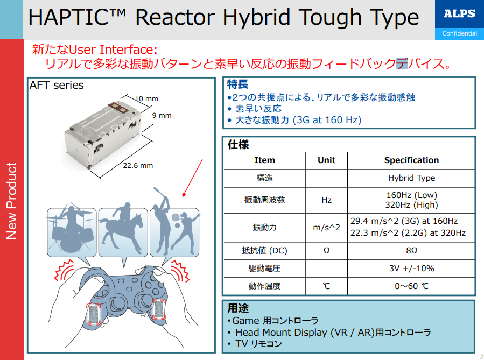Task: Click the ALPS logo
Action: (x=459, y=13)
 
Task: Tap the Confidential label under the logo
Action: (x=459, y=33)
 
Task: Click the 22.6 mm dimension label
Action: (x=138, y=165)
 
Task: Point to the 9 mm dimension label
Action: (x=162, y=115)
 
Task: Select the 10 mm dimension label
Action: (x=146, y=98)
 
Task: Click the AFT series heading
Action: (x=57, y=85)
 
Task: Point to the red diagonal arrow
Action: (x=192, y=178)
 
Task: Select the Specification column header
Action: (x=411, y=160)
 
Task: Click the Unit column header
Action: (x=327, y=160)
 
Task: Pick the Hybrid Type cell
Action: (x=411, y=178)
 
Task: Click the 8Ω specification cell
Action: (x=411, y=250)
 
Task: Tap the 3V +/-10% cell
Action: (x=411, y=269)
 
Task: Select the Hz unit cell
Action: (x=327, y=200)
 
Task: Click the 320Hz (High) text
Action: (x=411, y=205)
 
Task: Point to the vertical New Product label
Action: (x=11, y=201)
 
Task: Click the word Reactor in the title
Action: (x=175, y=17)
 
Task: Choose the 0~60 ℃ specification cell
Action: (x=411, y=286)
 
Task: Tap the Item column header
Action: (x=264, y=160)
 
